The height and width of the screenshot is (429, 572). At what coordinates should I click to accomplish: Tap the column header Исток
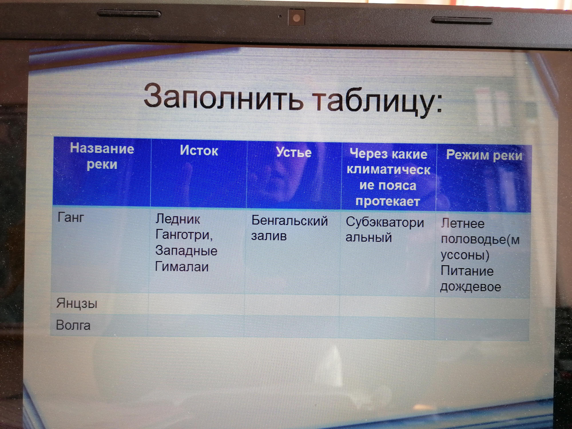click(x=199, y=150)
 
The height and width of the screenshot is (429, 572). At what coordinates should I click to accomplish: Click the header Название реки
click(x=102, y=156)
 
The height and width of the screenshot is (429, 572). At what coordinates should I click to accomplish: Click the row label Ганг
click(x=71, y=217)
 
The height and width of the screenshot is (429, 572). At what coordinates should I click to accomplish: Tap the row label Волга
click(x=73, y=325)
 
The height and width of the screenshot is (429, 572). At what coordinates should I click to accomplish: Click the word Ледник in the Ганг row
click(x=178, y=219)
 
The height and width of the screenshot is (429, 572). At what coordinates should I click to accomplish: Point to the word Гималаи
click(x=182, y=267)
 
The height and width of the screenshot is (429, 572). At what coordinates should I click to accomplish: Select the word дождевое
click(x=471, y=287)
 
